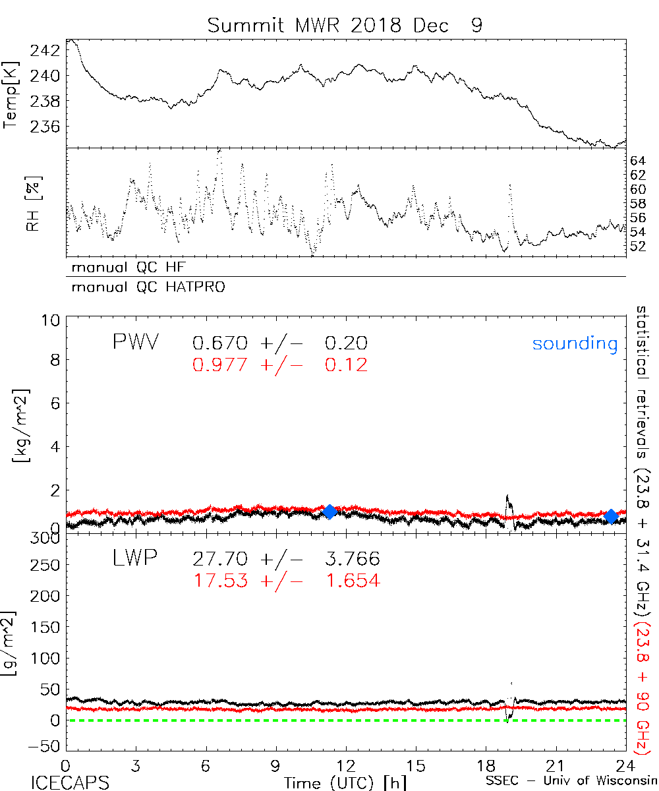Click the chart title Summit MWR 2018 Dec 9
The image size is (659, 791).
click(345, 26)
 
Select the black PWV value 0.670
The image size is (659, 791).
click(220, 343)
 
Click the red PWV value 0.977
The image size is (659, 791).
click(220, 364)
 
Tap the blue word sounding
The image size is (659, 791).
click(575, 343)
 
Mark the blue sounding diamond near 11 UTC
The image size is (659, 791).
click(329, 512)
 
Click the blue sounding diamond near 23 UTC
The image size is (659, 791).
click(611, 516)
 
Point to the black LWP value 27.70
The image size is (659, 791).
click(220, 560)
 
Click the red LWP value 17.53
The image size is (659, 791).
click(220, 580)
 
